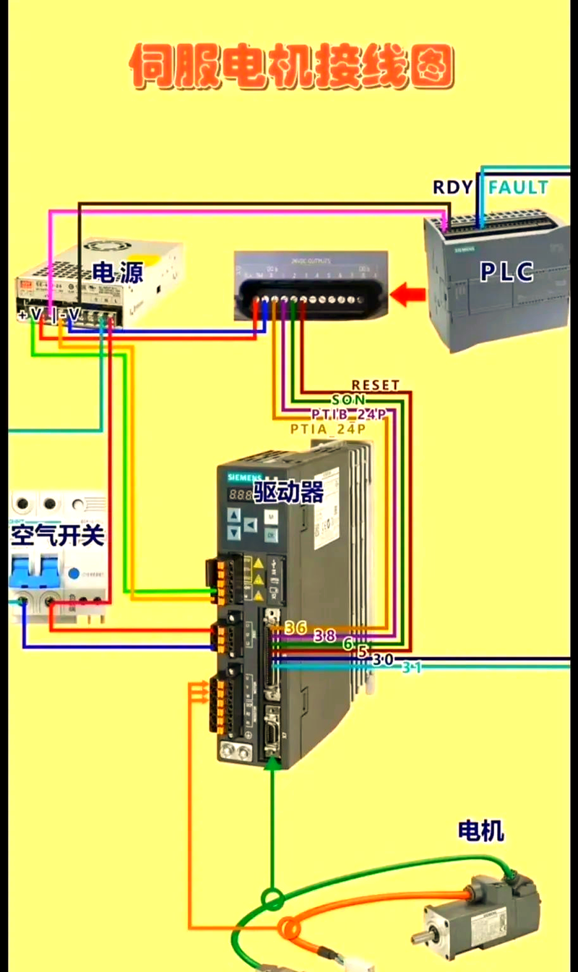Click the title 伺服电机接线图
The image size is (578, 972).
[292, 67]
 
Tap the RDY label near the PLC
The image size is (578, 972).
[452, 187]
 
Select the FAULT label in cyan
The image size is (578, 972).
[518, 187]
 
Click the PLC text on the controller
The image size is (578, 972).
[507, 272]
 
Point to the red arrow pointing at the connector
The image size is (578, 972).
[408, 295]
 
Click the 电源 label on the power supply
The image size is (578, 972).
[117, 272]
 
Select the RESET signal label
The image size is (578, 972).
[375, 385]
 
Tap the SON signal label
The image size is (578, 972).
[349, 400]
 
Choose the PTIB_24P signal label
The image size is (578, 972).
[349, 414]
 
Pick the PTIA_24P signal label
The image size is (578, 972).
[328, 429]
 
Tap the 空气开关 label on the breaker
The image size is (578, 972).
[58, 536]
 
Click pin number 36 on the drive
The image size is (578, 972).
[296, 627]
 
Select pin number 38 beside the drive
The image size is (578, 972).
[324, 636]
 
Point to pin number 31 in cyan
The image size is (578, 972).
[411, 668]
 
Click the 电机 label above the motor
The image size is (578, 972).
[480, 831]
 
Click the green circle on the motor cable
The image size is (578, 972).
[272, 900]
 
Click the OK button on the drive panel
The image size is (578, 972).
[270, 535]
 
